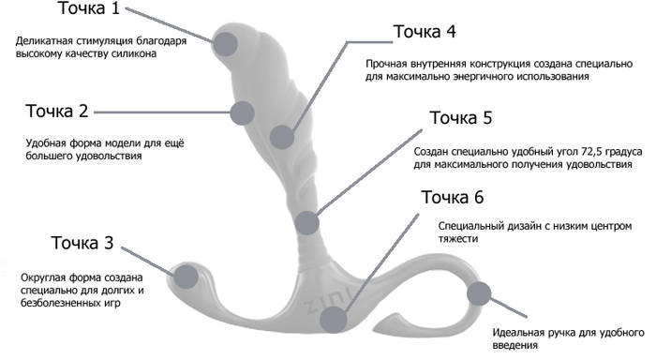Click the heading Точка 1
tap(89, 8)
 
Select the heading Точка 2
tap(57, 111)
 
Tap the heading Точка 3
tap(82, 243)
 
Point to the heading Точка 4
tap(425, 32)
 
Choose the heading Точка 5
tap(461, 117)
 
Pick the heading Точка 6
tap(452, 197)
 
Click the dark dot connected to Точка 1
tap(226, 43)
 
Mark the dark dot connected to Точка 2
tap(242, 112)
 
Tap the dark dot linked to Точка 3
tap(186, 277)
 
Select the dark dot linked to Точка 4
tap(282, 137)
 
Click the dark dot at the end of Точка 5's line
tap(307, 223)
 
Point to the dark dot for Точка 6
tap(334, 320)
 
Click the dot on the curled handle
tap(479, 293)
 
